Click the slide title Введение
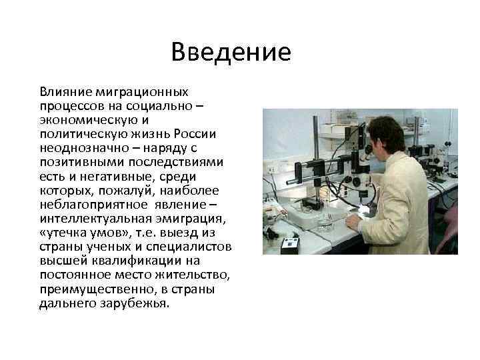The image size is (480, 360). click(231, 53)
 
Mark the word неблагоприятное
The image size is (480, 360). click(83, 205)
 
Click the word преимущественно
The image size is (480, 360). click(87, 290)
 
